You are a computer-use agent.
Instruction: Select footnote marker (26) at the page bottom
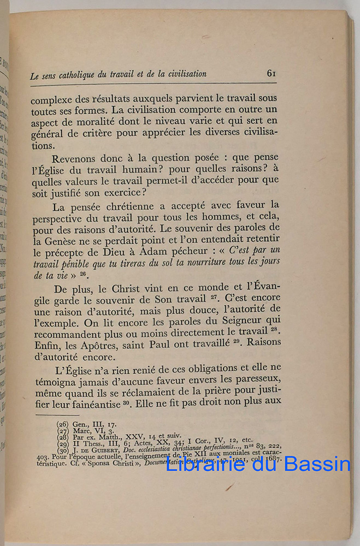click(x=63, y=423)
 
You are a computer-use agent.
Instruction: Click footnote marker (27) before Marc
click(x=63, y=430)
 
